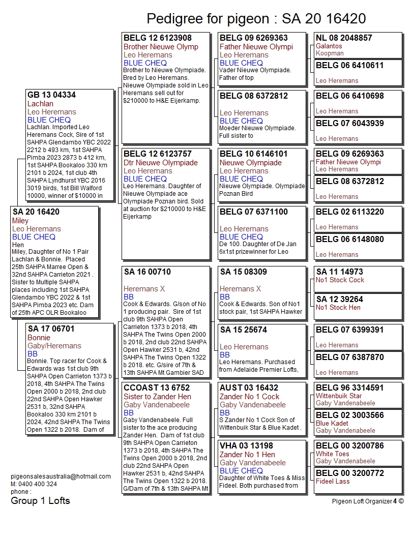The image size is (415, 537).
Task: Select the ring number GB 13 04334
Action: [x=51, y=95]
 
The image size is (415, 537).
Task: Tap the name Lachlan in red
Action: [x=40, y=104]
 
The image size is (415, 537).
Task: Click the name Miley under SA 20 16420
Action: [x=20, y=221]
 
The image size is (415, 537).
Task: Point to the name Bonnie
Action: [x=39, y=338]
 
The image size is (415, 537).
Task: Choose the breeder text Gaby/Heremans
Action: [x=54, y=346]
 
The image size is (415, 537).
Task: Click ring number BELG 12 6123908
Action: [x=158, y=38]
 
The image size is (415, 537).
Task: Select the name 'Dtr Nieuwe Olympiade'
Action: [x=161, y=163]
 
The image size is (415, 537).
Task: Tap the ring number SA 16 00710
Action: [x=147, y=272]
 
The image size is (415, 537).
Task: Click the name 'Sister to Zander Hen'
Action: [x=158, y=397]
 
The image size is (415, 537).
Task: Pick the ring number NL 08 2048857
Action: [x=344, y=38]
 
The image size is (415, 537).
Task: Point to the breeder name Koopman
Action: [x=330, y=53]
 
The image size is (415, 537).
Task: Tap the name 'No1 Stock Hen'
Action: [x=338, y=307]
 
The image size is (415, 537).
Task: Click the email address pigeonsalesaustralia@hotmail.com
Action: [x=61, y=476]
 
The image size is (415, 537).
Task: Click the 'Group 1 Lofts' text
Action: [x=40, y=501]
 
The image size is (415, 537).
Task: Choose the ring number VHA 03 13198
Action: [x=247, y=446]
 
